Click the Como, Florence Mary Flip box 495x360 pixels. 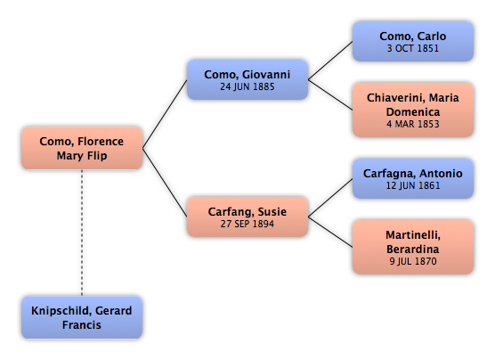point(82,148)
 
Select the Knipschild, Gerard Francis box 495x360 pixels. point(82,317)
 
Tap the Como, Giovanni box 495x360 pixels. point(247,79)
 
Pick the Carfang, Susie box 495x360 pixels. point(247,217)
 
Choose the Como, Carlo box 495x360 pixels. point(413,41)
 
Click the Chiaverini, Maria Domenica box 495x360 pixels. point(413,110)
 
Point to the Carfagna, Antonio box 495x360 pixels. point(413,178)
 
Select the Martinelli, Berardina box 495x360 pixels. point(413,247)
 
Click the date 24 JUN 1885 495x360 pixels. point(247,86)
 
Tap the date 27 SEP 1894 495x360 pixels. point(247,224)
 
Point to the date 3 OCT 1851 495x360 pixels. point(413,48)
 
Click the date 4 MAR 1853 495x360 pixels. point(413,124)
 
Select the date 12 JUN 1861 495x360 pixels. point(413,185)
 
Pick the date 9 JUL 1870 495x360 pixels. point(413,261)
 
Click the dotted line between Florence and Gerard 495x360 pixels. point(82,233)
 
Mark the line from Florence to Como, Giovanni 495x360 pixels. point(165,114)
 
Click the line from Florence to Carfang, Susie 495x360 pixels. point(165,183)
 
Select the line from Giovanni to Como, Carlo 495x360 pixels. point(330,61)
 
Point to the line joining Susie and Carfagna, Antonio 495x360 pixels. point(330,198)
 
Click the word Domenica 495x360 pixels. point(413,112)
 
